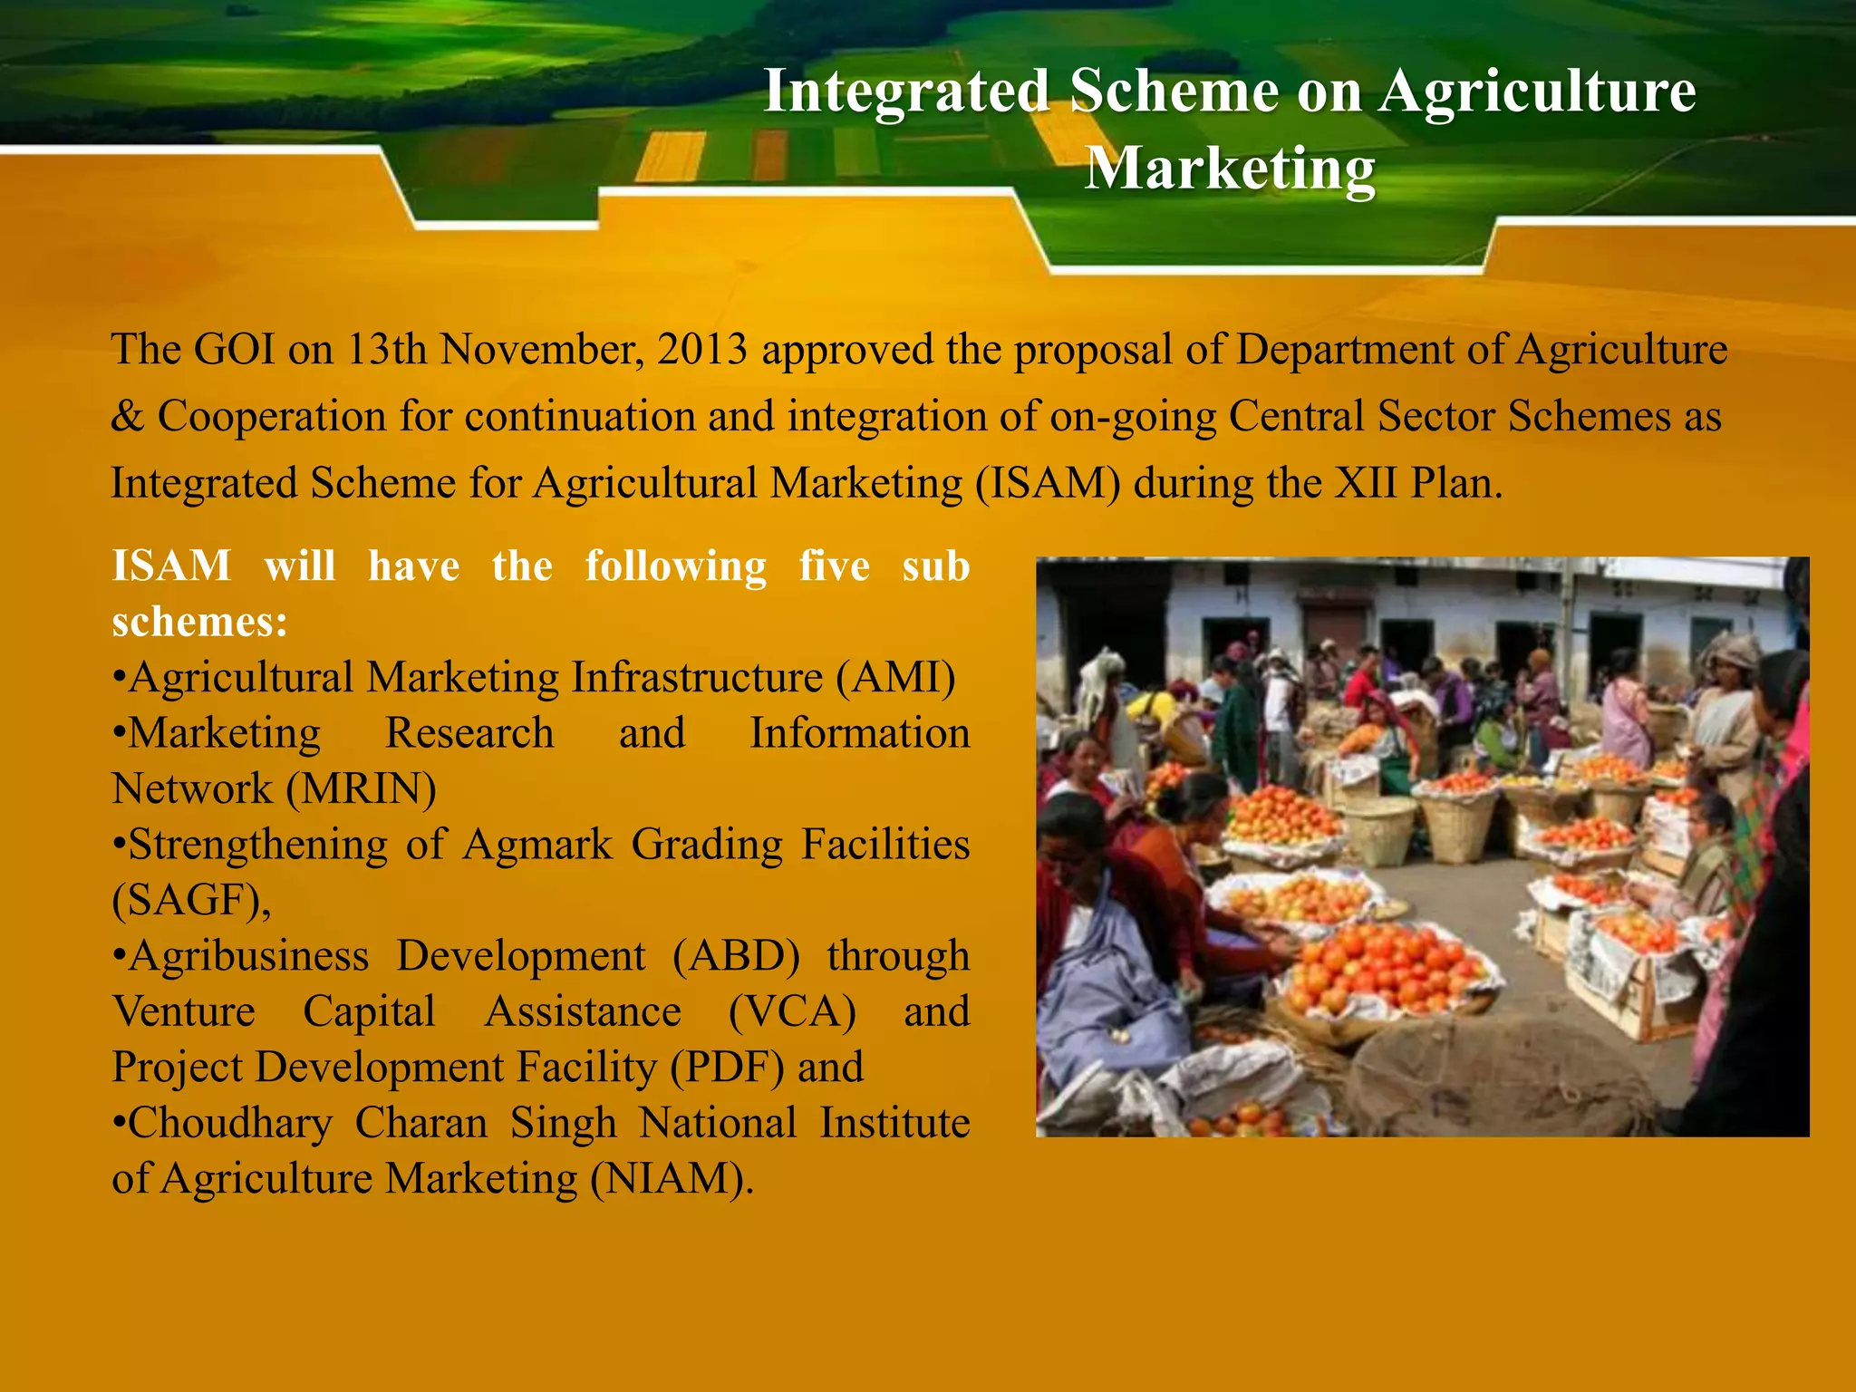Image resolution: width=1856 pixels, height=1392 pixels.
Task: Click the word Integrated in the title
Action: pos(906,92)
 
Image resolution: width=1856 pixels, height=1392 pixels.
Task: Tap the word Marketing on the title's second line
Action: pos(1230,169)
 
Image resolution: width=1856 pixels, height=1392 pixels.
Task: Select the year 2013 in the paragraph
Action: pos(702,350)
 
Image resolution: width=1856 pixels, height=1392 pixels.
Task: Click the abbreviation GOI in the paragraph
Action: pos(234,350)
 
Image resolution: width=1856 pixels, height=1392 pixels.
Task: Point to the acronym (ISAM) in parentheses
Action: pos(1048,483)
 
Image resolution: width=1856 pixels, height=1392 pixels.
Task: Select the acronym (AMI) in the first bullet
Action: pos(895,678)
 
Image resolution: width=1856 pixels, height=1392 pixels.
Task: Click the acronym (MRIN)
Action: pos(362,789)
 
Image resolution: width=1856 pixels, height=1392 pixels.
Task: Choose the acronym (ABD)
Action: pos(736,956)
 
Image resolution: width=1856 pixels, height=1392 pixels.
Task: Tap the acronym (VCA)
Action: pos(792,1012)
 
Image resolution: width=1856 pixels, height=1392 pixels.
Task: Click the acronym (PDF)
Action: pos(727,1068)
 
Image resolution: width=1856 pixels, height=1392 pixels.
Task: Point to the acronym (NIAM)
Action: pos(672,1179)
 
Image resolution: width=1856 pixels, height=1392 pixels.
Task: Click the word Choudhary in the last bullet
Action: pos(230,1124)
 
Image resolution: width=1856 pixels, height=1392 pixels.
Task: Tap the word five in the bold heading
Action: pos(834,566)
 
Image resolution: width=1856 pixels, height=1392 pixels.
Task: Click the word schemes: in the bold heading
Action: pos(199,623)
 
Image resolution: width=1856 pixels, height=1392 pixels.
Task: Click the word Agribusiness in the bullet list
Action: pos(248,956)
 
